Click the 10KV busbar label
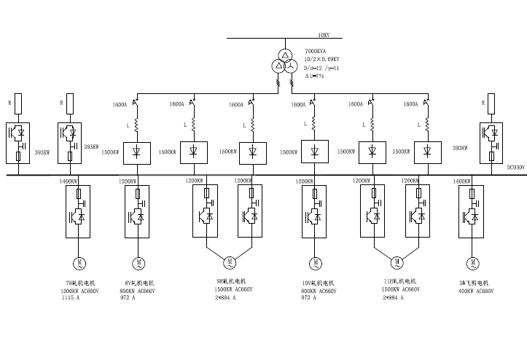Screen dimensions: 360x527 pos(324,34)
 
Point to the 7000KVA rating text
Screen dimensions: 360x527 pos(316,52)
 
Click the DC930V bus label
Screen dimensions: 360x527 pos(515,168)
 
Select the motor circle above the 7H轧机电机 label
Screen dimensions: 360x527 pos(78,262)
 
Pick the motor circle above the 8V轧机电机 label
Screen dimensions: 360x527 pos(138,262)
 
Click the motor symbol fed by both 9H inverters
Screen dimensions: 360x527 pos(229,262)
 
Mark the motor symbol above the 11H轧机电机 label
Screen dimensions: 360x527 pos(397,262)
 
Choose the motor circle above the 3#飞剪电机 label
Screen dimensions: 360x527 pos(474,262)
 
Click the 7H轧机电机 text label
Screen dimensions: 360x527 pos(81,283)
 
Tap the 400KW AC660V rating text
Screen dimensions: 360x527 pos(476,290)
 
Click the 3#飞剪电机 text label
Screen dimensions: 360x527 pos(474,283)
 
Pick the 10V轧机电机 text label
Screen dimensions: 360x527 pos(317,283)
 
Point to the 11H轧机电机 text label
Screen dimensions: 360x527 pos(398,281)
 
